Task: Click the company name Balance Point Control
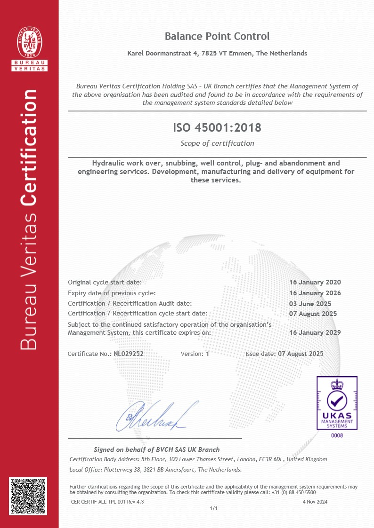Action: tap(217, 36)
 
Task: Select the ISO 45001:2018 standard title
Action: tap(217, 127)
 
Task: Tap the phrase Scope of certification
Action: tap(217, 143)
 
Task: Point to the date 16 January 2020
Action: tap(315, 283)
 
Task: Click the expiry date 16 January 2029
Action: tap(315, 332)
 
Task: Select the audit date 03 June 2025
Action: tap(310, 304)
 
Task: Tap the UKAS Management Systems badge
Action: tap(336, 403)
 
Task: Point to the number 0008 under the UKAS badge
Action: tap(337, 436)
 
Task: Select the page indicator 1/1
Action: tap(213, 509)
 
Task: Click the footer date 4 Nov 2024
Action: tap(315, 502)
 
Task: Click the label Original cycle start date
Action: tap(105, 283)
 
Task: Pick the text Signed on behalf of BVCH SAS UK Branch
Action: tap(156, 449)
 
